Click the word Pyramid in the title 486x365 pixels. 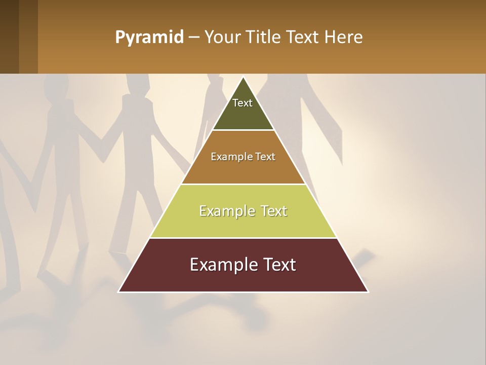149,38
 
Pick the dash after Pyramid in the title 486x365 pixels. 193,38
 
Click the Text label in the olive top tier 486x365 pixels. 242,103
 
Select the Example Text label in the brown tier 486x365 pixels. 243,157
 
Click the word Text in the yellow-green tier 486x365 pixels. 274,211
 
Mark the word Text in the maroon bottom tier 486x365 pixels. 278,265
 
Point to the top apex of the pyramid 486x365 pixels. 244,77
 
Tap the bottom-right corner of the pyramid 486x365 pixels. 368,291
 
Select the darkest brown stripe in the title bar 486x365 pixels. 9,36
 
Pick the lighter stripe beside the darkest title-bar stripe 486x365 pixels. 28,36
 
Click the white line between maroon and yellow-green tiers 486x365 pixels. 243,238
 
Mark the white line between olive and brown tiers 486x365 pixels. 244,130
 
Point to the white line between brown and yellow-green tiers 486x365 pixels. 243,184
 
